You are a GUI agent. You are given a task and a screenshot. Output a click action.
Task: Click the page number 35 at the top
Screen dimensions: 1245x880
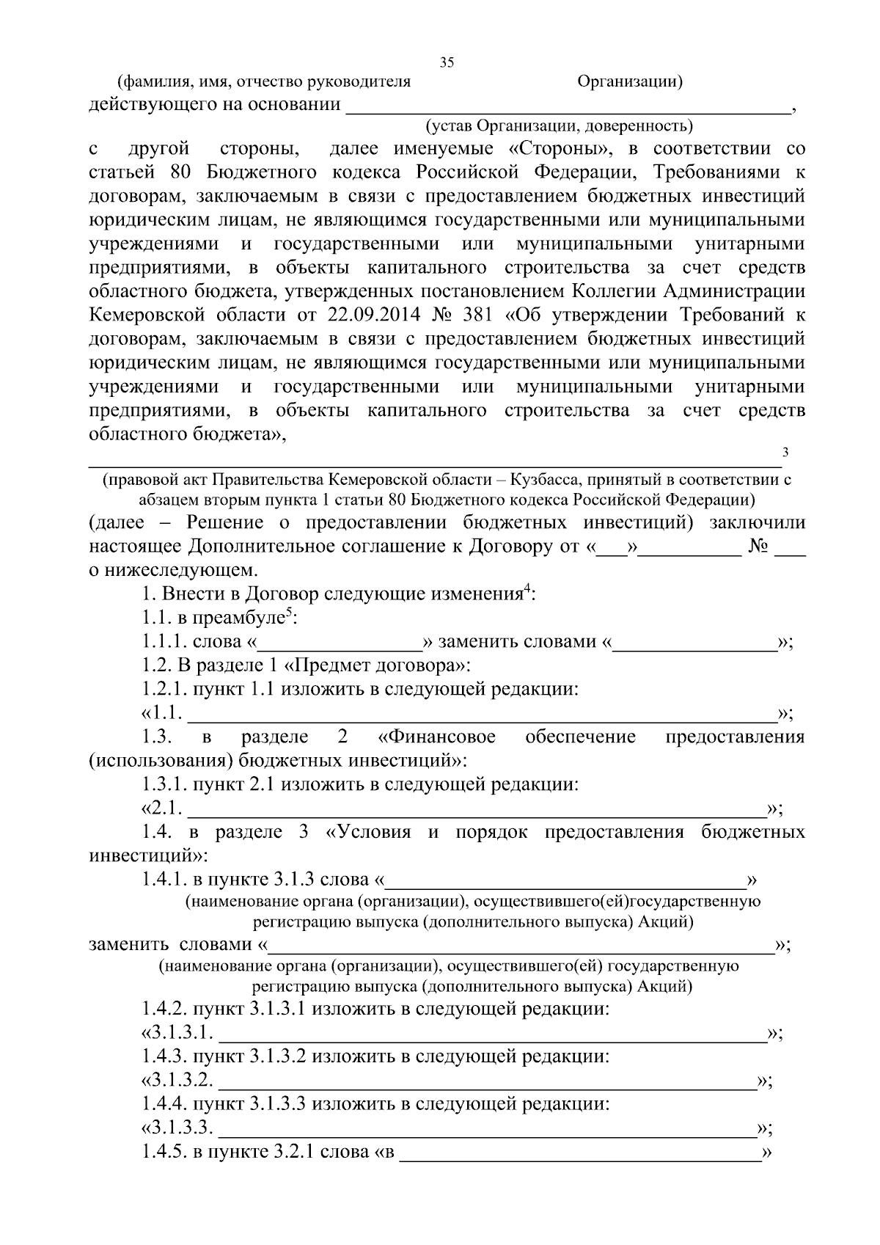(447, 62)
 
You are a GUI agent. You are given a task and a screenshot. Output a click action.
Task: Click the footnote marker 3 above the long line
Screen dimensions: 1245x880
(785, 451)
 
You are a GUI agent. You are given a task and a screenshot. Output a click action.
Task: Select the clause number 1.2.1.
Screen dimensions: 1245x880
(165, 690)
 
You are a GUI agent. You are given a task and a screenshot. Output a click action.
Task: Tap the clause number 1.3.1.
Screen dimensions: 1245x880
(165, 785)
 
